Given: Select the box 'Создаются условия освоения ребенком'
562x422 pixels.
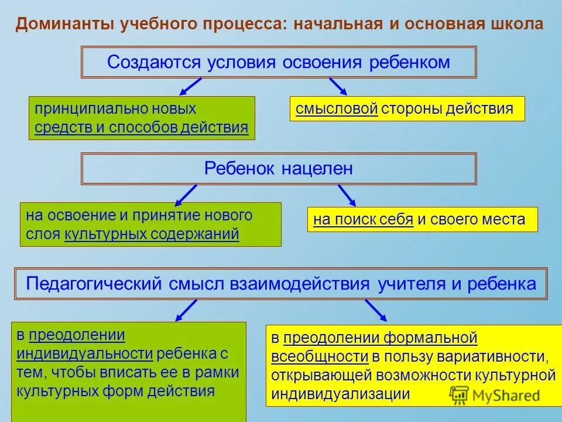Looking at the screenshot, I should pyautogui.click(x=279, y=62).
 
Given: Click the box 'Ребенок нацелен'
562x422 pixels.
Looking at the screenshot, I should pyautogui.click(x=279, y=169).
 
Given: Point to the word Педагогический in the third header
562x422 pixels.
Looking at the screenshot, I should pyautogui.click(x=94, y=284).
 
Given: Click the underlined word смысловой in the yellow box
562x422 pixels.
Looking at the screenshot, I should pyautogui.click(x=337, y=108).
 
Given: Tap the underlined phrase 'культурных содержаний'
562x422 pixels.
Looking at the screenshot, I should pyautogui.click(x=152, y=234).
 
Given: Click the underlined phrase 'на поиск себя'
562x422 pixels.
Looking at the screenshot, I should pyautogui.click(x=364, y=220).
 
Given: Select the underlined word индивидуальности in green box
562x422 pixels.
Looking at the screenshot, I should pyautogui.click(x=85, y=353).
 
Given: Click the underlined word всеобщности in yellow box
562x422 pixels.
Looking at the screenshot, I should pyautogui.click(x=320, y=356).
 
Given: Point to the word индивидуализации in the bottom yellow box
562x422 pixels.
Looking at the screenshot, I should pyautogui.click(x=340, y=394).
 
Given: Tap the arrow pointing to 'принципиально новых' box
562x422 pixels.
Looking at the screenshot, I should pyautogui.click(x=190, y=86).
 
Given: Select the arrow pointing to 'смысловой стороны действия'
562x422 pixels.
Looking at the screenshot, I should pyautogui.click(x=338, y=86).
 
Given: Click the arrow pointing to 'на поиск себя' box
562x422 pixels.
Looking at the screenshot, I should pyautogui.click(x=347, y=194).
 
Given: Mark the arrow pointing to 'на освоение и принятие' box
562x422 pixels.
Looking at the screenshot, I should pyautogui.click(x=186, y=194).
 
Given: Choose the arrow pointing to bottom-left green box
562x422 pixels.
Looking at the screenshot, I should pyautogui.click(x=186, y=310).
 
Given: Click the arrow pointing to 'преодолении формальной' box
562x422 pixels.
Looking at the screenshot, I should pyautogui.click(x=376, y=310).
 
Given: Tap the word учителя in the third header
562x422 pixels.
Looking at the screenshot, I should pyautogui.click(x=410, y=284).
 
